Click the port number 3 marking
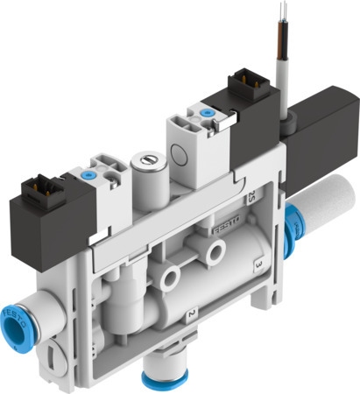tap(258, 261)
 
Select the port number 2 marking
tap(187, 313)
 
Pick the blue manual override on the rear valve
tap(207, 112)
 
